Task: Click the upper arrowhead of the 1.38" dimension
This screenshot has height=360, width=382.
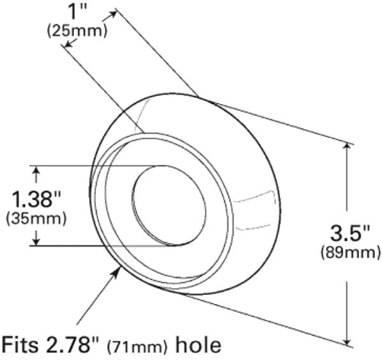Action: point(36,169)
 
